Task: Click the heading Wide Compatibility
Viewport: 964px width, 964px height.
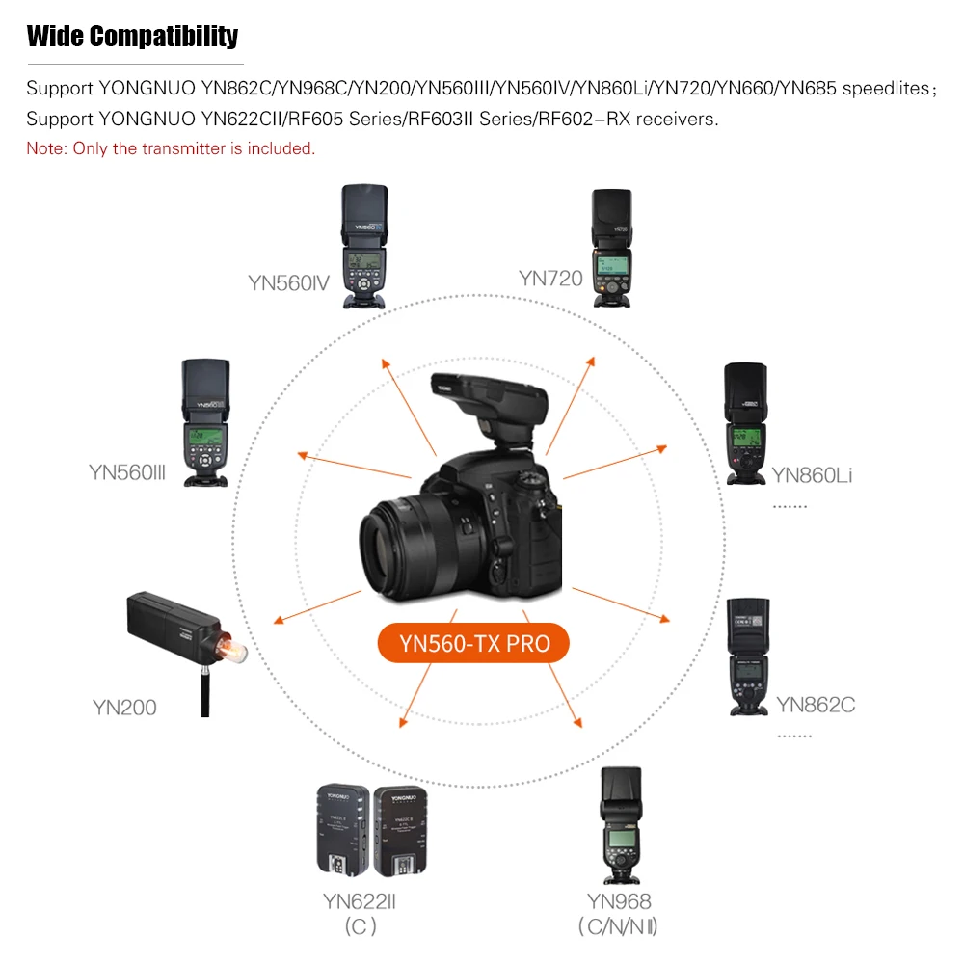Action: [132, 38]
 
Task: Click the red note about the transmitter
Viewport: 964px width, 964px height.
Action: [171, 148]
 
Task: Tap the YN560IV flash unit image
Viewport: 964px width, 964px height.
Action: [364, 246]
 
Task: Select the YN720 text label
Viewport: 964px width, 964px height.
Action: [550, 279]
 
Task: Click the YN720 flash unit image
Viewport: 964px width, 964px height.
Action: [611, 248]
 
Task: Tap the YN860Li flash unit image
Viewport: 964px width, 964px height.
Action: [743, 420]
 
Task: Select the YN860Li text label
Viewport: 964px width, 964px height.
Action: [812, 474]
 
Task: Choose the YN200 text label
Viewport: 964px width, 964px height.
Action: [124, 708]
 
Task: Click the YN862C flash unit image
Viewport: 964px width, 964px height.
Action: [749, 656]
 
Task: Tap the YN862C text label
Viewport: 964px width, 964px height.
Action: [816, 705]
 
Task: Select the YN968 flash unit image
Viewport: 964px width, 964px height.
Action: [620, 825]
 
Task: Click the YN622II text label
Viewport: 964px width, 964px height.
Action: [360, 901]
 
